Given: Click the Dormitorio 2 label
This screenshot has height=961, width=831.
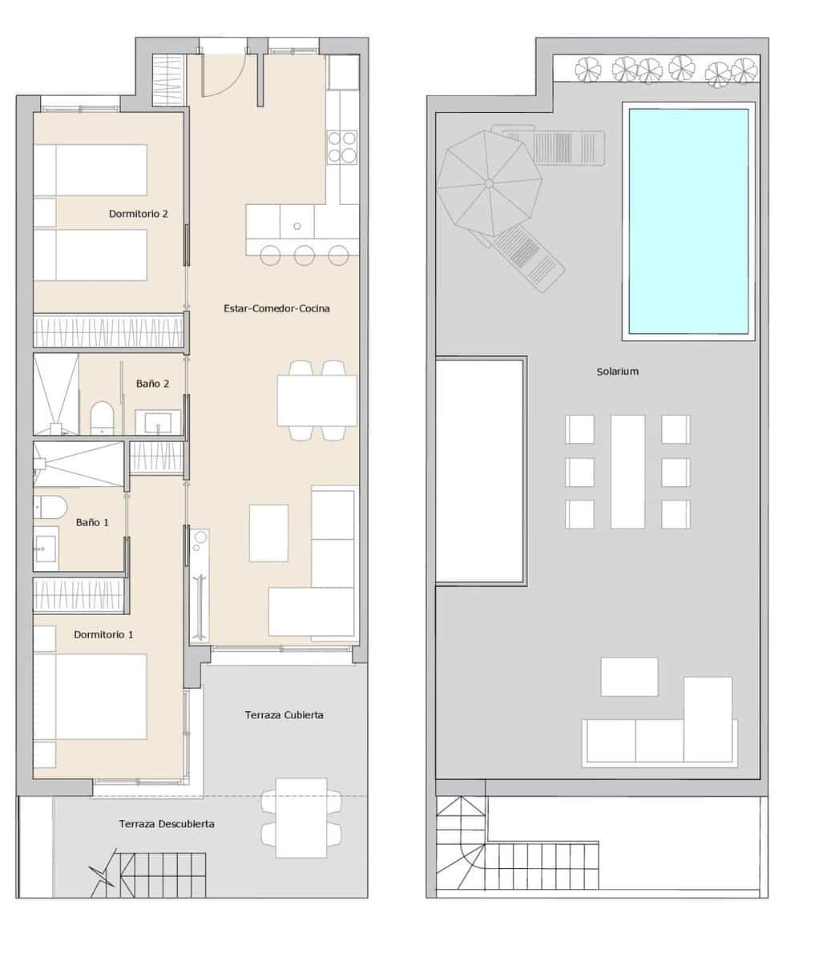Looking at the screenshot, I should (138, 214).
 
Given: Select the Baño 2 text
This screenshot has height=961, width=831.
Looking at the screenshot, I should (152, 384).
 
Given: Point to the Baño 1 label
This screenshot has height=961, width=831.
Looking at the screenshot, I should (92, 522).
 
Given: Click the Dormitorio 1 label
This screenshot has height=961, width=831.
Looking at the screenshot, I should (103, 634).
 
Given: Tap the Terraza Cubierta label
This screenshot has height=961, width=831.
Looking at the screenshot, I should (284, 714).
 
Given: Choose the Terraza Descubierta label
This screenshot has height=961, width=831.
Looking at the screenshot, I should (167, 823).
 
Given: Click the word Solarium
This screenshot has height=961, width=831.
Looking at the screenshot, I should (617, 372).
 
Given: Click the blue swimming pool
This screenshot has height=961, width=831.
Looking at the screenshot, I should (688, 221).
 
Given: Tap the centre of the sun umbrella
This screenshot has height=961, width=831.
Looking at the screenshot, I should (489, 184).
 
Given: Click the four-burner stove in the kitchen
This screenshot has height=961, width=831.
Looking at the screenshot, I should (342, 147).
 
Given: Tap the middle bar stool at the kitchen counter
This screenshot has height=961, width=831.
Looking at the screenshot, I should (304, 255).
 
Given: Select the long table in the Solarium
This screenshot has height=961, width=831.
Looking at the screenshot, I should (627, 471).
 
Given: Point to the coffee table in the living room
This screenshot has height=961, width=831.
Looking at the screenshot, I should (268, 533).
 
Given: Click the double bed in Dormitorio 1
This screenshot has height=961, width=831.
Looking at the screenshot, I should (90, 696).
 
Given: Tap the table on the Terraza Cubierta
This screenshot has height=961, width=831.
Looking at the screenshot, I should (301, 817).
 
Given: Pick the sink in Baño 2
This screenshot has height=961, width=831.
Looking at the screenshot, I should (156, 423).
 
